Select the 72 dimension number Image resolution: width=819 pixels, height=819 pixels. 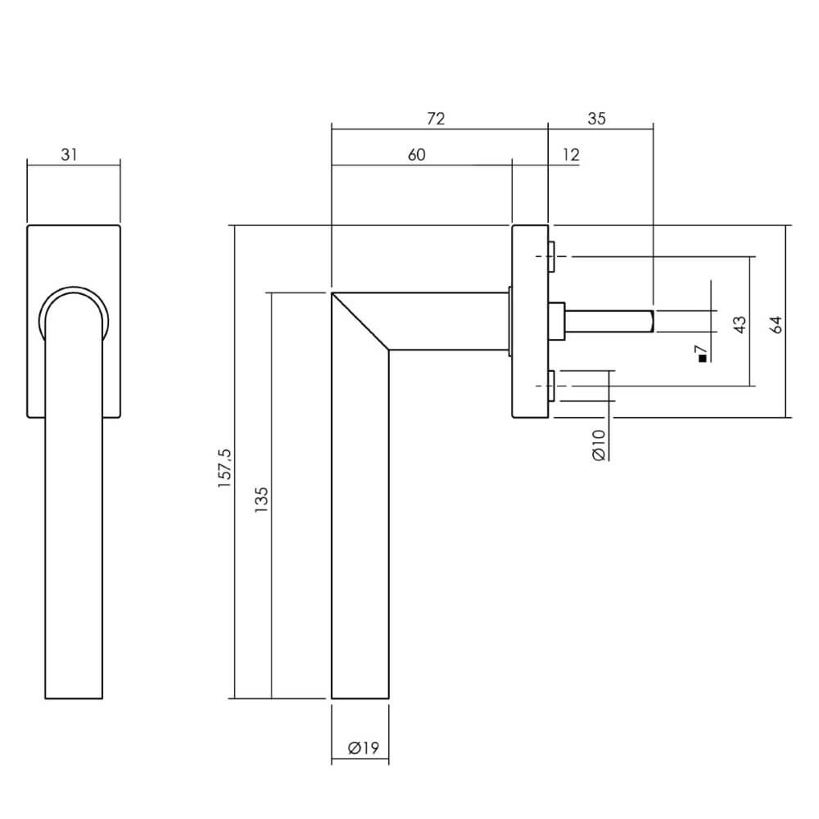pyautogui.click(x=436, y=119)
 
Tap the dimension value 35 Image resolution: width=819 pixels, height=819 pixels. pyautogui.click(x=596, y=119)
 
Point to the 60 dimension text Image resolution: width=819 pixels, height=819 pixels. pyautogui.click(x=416, y=155)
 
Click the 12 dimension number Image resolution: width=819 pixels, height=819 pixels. pyautogui.click(x=571, y=155)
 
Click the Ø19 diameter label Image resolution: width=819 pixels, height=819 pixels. pyautogui.click(x=361, y=748)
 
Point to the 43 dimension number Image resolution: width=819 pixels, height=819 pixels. pyautogui.click(x=740, y=324)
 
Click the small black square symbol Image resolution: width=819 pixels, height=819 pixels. pyautogui.click(x=701, y=358)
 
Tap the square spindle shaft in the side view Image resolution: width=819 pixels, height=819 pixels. pyautogui.click(x=610, y=321)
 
